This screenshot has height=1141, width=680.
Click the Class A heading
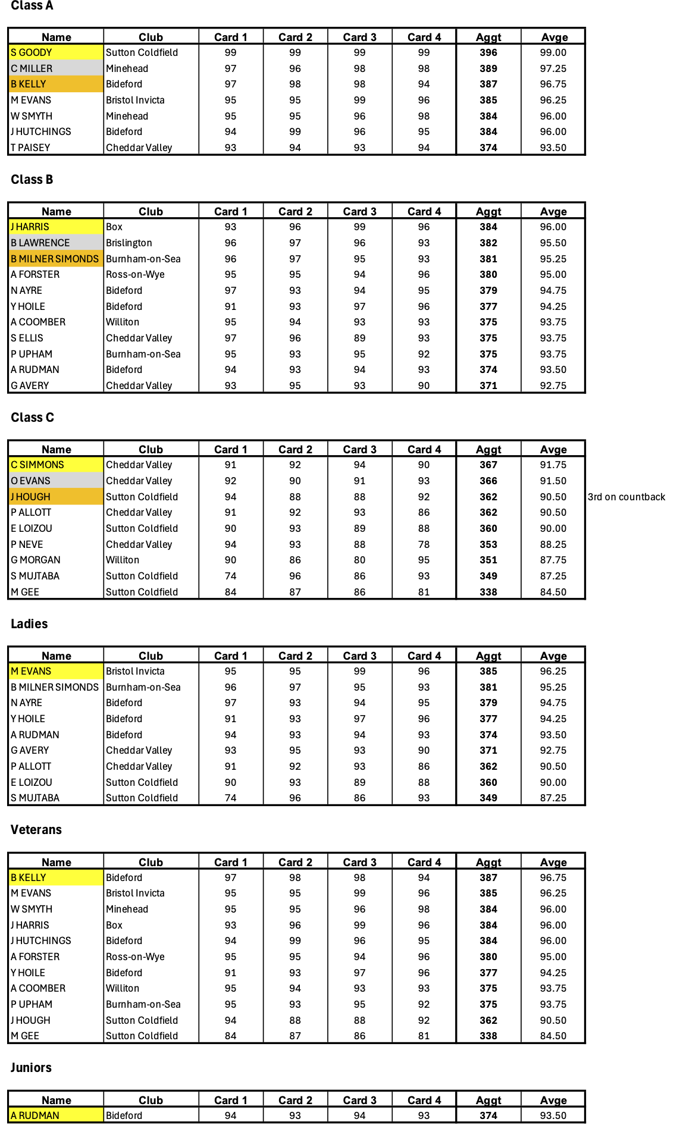pyautogui.click(x=32, y=6)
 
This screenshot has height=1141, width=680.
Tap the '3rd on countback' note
pyautogui.click(x=626, y=497)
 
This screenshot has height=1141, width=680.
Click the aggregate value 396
pyautogui.click(x=488, y=52)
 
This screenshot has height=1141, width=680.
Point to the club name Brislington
pyautogui.click(x=129, y=243)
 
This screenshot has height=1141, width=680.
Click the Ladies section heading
pyautogui.click(x=29, y=623)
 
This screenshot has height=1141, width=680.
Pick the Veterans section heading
pyautogui.click(x=36, y=829)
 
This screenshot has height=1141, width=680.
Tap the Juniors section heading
pyautogui.click(x=31, y=1067)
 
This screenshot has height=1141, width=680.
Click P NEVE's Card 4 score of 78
pyautogui.click(x=424, y=544)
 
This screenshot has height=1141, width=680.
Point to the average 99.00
pyautogui.click(x=553, y=52)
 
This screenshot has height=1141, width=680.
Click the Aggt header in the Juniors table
pyautogui.click(x=488, y=1100)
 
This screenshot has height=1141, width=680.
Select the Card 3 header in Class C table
pyautogui.click(x=359, y=449)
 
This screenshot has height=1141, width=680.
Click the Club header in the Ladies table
pyautogui.click(x=151, y=656)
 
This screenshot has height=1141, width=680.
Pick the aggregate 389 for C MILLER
pyautogui.click(x=488, y=68)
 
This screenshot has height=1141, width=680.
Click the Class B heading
pyautogui.click(x=32, y=179)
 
